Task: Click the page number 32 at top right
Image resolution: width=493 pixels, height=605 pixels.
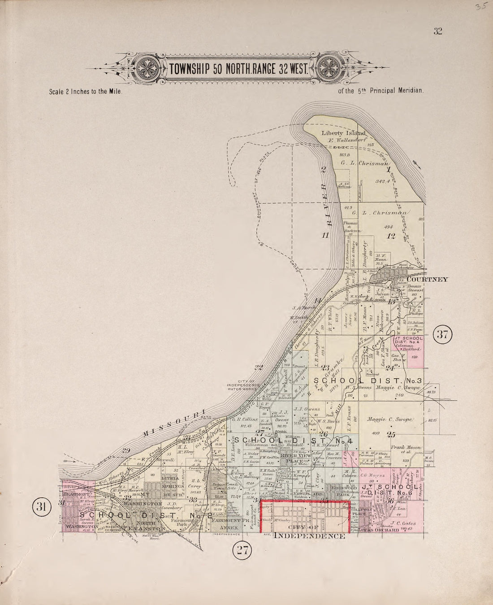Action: [438, 31]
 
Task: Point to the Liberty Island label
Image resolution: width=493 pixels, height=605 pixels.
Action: [344, 133]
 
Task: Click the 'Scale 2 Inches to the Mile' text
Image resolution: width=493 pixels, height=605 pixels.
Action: [86, 90]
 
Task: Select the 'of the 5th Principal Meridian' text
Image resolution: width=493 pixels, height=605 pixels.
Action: [381, 90]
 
